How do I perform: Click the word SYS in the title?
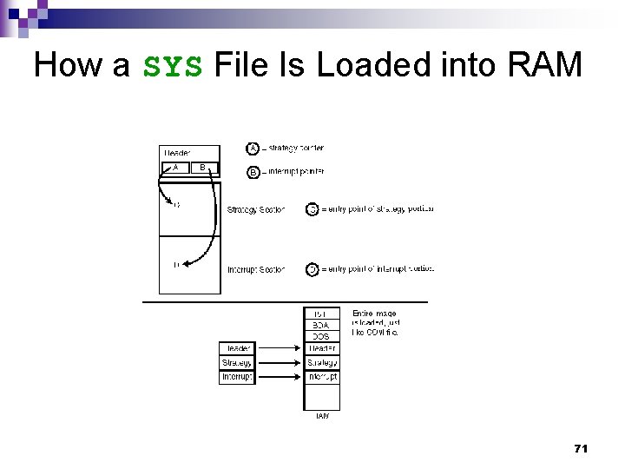(x=173, y=65)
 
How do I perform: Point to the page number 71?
(x=581, y=448)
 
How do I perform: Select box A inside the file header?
(x=176, y=168)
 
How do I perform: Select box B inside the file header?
(x=203, y=168)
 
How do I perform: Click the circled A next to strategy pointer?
(x=253, y=149)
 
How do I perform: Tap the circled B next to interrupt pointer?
(x=253, y=172)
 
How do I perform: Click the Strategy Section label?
(x=255, y=209)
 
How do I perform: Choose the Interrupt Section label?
(x=255, y=269)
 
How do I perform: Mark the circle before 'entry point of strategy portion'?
(x=312, y=209)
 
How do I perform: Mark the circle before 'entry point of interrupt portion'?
(x=312, y=269)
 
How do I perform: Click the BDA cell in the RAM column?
(x=321, y=325)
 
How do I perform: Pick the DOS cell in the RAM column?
(x=321, y=336)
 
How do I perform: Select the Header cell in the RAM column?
(x=321, y=348)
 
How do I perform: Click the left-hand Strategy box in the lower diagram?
(x=236, y=363)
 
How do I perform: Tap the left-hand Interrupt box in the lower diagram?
(x=236, y=377)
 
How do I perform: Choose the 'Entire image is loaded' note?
(x=375, y=322)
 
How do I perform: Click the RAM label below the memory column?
(x=321, y=416)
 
